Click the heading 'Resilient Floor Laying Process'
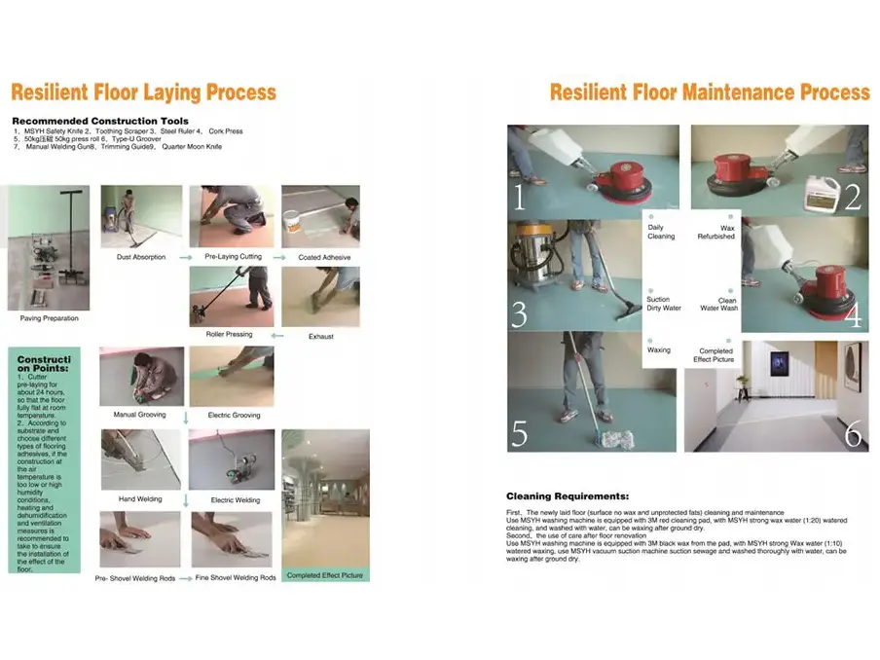pos(143,93)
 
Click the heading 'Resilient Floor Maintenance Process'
pos(709,92)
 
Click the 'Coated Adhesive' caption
pos(325,258)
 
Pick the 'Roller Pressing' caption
pos(229,334)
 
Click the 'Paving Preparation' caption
pos(50,318)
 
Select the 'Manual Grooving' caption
pos(138,416)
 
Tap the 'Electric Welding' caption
pos(236,500)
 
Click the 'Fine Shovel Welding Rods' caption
pos(236,577)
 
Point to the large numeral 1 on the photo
pos(519,199)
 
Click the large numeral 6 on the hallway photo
pos(853,434)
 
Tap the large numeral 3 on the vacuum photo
pos(520,315)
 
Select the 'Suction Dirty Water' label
pos(664,304)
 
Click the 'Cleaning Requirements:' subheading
pos(568,496)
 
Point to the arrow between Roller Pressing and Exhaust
pos(278,335)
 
